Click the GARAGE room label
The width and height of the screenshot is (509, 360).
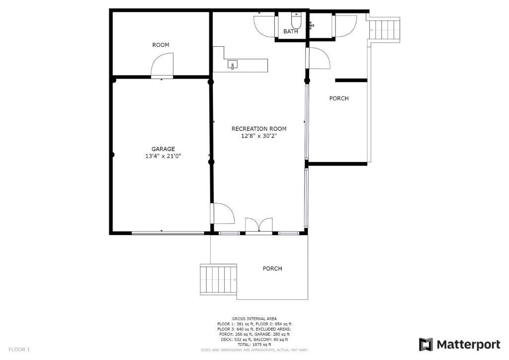pyautogui.click(x=163, y=149)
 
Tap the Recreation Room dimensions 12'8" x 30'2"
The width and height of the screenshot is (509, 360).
pyautogui.click(x=258, y=136)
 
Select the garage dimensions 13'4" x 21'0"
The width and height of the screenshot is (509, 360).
pyautogui.click(x=163, y=156)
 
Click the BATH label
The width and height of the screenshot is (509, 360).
pyautogui.click(x=290, y=31)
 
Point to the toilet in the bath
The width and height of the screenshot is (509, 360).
pyautogui.click(x=296, y=20)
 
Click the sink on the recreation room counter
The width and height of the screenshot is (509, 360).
pyautogui.click(x=233, y=65)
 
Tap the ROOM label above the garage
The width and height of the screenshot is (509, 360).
pyautogui.click(x=161, y=45)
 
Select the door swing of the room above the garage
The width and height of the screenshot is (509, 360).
pyautogui.click(x=162, y=65)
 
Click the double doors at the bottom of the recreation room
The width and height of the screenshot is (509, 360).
pyautogui.click(x=258, y=225)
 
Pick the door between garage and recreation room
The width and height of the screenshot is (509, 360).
pyautogui.click(x=223, y=213)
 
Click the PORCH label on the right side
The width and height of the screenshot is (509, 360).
pyautogui.click(x=339, y=98)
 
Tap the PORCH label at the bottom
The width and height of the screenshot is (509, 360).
pyautogui.click(x=272, y=269)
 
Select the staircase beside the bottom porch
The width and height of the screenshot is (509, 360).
pyautogui.click(x=218, y=279)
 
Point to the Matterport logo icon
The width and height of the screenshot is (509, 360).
pyautogui.click(x=426, y=345)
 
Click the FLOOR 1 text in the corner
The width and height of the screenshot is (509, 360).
pyautogui.click(x=19, y=350)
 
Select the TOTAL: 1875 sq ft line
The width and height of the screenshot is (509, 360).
pyautogui.click(x=254, y=345)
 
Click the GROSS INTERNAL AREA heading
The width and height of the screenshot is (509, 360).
pyautogui.click(x=254, y=319)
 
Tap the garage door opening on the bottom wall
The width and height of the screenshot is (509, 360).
pyautogui.click(x=168, y=233)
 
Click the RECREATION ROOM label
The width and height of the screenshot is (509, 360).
pyautogui.click(x=258, y=129)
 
